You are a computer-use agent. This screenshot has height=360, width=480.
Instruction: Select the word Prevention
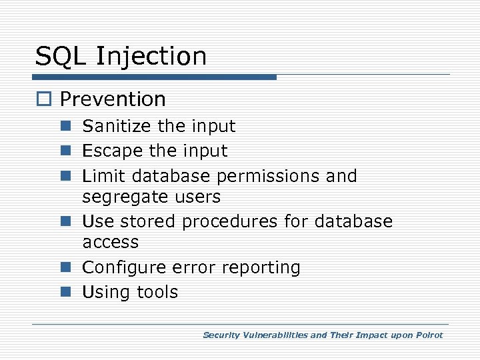point(113,99)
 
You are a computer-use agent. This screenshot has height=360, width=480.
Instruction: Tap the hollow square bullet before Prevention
point(44,100)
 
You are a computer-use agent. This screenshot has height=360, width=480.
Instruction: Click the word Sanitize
point(117,126)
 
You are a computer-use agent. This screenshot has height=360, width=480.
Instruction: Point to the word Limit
point(103,176)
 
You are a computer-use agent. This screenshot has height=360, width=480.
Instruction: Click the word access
point(111,243)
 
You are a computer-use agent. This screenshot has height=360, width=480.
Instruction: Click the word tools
point(157,292)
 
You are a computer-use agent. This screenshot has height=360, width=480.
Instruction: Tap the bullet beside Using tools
point(67,292)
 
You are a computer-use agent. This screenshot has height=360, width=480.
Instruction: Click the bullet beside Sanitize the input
point(67,126)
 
